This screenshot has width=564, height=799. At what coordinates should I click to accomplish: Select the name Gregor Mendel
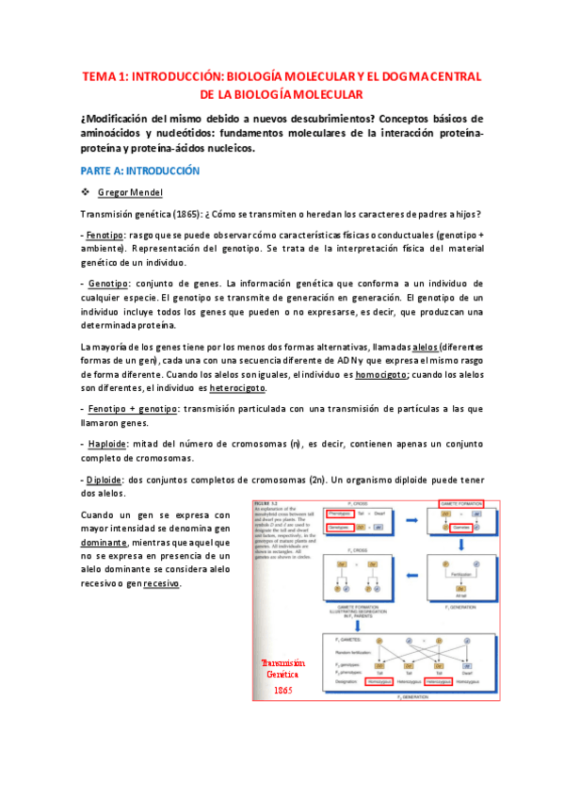coord(130,193)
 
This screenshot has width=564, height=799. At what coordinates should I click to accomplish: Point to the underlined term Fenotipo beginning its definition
coord(105,233)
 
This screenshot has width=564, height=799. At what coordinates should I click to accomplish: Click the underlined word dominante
coord(106,543)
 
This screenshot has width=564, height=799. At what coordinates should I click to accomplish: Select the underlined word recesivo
coord(156,584)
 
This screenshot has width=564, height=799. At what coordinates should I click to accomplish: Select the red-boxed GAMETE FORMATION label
coord(460,504)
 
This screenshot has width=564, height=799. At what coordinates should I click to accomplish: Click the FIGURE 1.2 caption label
coord(268,502)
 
